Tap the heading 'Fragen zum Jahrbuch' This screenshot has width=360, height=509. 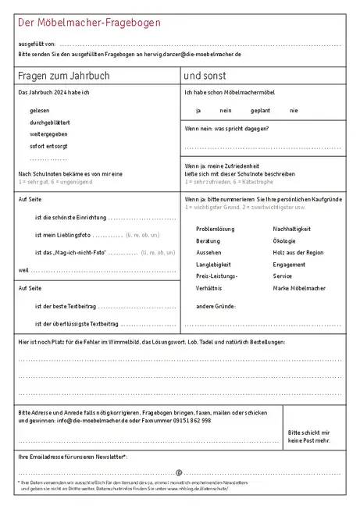[x=63, y=77]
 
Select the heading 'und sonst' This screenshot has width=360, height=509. [x=205, y=77]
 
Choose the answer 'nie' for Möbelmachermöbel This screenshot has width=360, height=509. [x=294, y=111]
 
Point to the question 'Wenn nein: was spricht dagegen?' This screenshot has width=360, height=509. [x=226, y=128]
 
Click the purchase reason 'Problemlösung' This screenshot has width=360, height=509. [x=215, y=229]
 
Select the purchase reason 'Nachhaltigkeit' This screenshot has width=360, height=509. [x=291, y=229]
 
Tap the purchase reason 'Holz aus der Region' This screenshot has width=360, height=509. [x=298, y=253]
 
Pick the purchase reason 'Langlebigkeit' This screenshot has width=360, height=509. [x=212, y=265]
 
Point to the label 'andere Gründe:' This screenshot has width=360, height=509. [x=216, y=306]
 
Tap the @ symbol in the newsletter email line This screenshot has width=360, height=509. [x=179, y=472]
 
